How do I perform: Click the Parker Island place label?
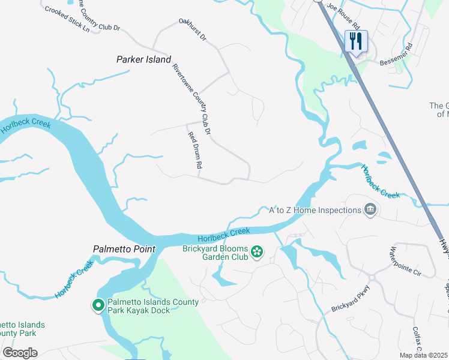tap(143, 59)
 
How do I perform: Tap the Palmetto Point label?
tap(124, 249)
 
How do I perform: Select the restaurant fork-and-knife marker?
tap(356, 41)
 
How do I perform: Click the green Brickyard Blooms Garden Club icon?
tap(257, 251)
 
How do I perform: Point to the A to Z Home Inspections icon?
tap(371, 209)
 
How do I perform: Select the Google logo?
tap(19, 353)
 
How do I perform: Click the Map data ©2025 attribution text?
tap(423, 355)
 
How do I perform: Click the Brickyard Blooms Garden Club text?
tap(215, 251)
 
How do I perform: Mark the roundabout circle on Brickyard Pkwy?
tap(372, 277)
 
